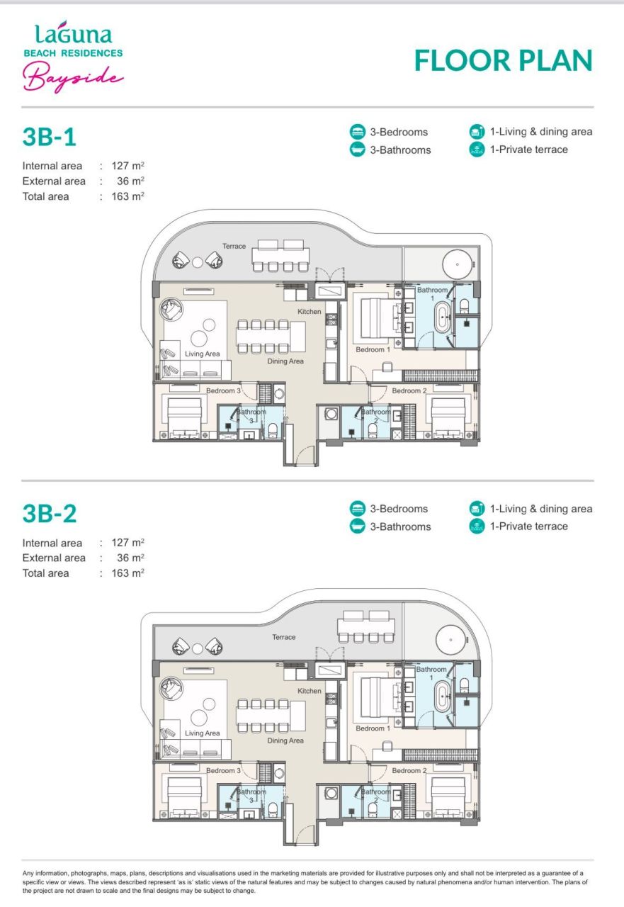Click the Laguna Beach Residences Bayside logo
pyautogui.click(x=74, y=55)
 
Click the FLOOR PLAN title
pyautogui.click(x=503, y=61)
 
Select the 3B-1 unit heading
pyautogui.click(x=49, y=137)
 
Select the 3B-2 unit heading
pyautogui.click(x=49, y=514)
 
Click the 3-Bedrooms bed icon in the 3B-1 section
pyautogui.click(x=358, y=132)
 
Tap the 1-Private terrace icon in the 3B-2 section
pyautogui.click(x=477, y=526)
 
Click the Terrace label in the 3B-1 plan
pyautogui.click(x=234, y=247)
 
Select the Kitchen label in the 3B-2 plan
pyautogui.click(x=310, y=691)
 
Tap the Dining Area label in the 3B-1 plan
pyautogui.click(x=285, y=361)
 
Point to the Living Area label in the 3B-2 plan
pyautogui.click(x=203, y=733)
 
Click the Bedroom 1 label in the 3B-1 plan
pyautogui.click(x=373, y=350)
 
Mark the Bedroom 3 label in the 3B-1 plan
pyautogui.click(x=224, y=391)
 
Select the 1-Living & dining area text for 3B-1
pyautogui.click(x=541, y=132)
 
